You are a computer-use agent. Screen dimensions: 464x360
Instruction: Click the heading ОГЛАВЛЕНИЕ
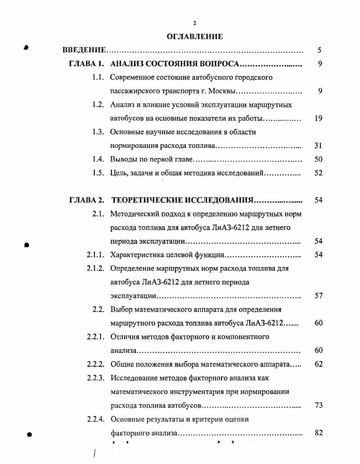(194, 37)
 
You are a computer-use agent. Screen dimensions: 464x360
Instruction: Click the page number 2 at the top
(194, 23)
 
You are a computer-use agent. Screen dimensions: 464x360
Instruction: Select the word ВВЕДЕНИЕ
(84, 50)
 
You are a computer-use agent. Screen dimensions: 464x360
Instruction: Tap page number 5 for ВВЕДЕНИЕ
(319, 50)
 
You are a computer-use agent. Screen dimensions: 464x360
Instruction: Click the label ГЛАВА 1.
(87, 64)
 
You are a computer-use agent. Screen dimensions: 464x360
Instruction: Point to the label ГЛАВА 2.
(87, 200)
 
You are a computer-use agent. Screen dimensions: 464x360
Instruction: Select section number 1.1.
(98, 77)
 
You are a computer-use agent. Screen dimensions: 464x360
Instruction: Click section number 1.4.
(98, 159)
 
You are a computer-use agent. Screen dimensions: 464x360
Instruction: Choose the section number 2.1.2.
(96, 268)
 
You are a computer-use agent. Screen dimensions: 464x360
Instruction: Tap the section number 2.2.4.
(96, 419)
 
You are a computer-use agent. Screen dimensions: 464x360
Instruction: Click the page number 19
(318, 119)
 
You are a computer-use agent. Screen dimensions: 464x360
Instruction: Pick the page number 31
(318, 146)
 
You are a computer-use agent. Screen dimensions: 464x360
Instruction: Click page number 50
(318, 159)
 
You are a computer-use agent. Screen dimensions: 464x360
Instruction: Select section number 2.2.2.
(96, 364)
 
